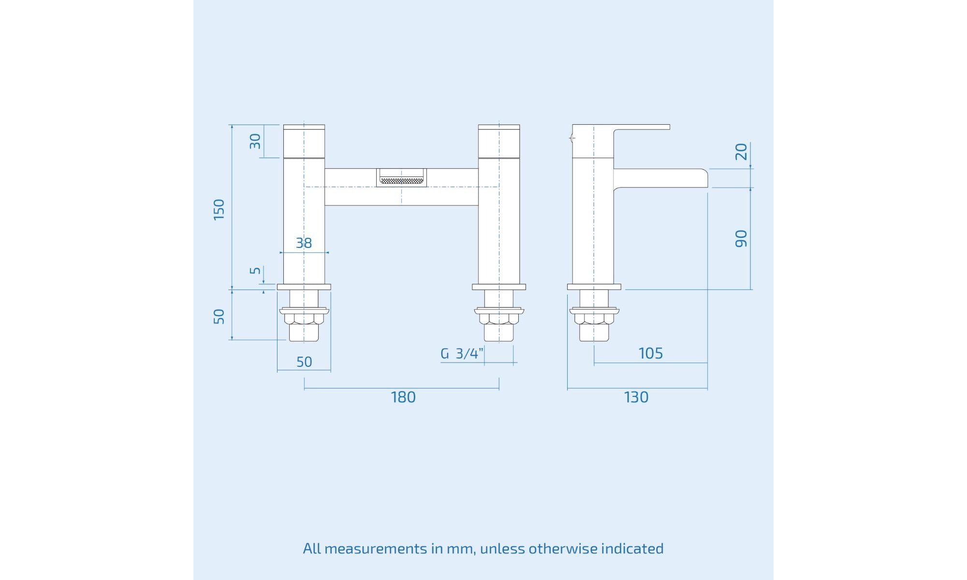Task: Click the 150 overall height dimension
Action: click(219, 209)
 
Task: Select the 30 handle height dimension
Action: click(255, 141)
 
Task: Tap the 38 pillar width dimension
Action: click(304, 243)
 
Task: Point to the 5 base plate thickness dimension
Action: click(255, 270)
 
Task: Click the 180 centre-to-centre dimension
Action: click(403, 397)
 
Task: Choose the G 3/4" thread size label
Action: click(462, 354)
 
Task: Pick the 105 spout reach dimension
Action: click(651, 353)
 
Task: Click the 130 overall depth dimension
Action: click(636, 397)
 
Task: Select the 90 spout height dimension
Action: click(741, 239)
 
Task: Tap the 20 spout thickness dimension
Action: click(741, 151)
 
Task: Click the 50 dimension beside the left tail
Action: click(219, 317)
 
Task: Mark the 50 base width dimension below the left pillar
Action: click(304, 362)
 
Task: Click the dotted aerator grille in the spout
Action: click(401, 181)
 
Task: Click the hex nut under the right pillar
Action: click(498, 319)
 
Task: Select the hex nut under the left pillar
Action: click(304, 319)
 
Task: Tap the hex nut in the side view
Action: click(594, 319)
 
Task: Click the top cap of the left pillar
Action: click(304, 141)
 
